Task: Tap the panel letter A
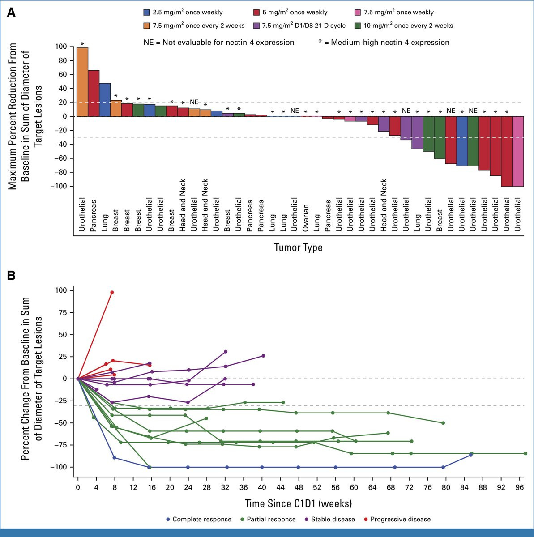[x=11, y=13]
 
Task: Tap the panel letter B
[x=11, y=276]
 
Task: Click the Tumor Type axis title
[x=298, y=247]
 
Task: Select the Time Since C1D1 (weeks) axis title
[x=298, y=503]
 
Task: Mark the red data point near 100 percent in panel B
[x=112, y=292]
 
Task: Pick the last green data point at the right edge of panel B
[x=525, y=453]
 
